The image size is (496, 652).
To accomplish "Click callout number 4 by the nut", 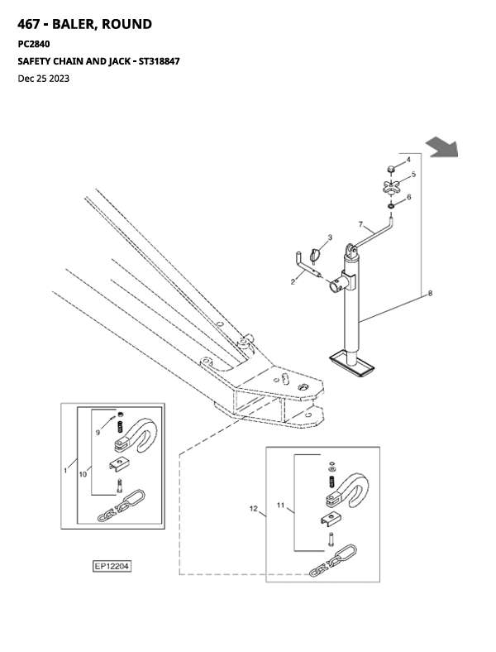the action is (408, 160).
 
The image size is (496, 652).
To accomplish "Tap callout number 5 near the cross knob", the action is (413, 175).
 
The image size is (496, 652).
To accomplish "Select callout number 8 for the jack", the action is (430, 293).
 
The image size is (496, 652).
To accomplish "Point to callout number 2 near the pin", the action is (293, 282).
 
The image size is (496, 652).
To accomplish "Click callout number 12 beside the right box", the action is (254, 509).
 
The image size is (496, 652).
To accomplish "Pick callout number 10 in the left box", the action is (83, 474).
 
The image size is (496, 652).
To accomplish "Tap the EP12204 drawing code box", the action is (112, 566).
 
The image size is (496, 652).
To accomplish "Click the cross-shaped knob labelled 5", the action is (391, 187).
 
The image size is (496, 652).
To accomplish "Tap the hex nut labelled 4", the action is (391, 169).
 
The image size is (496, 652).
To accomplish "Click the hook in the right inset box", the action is (348, 491).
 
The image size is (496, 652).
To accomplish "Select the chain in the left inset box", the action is (121, 506).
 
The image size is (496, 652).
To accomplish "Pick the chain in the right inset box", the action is (333, 560).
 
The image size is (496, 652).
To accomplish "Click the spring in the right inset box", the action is (331, 482).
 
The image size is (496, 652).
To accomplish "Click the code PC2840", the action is (34, 44).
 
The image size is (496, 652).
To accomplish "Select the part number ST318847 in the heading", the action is (159, 61).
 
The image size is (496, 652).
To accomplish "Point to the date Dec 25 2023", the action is (44, 79).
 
